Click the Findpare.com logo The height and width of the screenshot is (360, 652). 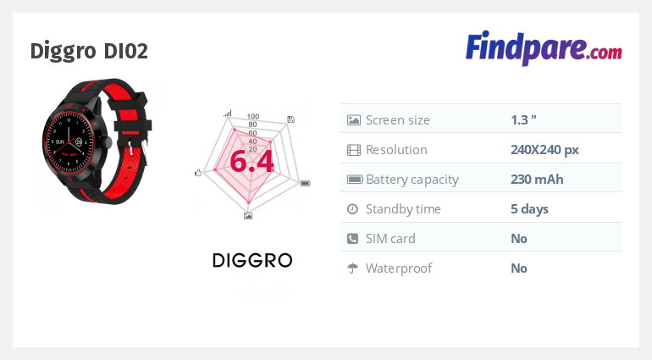[544, 48]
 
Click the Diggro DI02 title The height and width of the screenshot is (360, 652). [89, 51]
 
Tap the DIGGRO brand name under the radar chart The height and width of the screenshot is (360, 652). [252, 261]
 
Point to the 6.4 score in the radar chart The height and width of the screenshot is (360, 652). [251, 161]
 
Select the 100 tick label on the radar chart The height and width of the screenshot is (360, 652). [253, 117]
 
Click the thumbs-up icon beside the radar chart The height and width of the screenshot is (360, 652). [198, 172]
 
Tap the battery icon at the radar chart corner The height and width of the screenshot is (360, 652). [306, 183]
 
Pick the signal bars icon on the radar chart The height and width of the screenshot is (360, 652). [228, 113]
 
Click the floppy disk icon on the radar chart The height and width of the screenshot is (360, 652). [290, 119]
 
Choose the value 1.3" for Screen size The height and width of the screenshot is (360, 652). [523, 120]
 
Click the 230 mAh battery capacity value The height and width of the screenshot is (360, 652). [537, 180]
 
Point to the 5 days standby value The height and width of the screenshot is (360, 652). [529, 209]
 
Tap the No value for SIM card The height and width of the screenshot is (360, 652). [519, 239]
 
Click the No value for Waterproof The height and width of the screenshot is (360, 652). [519, 268]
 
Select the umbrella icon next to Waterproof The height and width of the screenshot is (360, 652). [352, 269]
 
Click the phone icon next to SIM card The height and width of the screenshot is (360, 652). [352, 239]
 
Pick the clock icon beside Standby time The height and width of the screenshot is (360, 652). [352, 209]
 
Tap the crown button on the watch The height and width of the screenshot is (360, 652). [107, 142]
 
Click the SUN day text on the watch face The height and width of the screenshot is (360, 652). [60, 142]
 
